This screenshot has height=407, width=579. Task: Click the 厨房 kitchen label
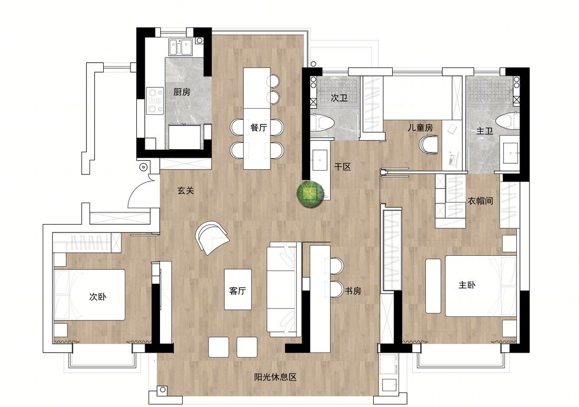click(182, 92)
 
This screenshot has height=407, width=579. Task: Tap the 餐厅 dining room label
click(258, 128)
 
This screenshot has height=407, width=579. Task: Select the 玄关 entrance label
click(186, 190)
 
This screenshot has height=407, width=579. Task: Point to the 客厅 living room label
click(237, 291)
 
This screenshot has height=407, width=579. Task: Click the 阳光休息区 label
click(275, 377)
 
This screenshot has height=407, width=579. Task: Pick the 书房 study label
click(353, 291)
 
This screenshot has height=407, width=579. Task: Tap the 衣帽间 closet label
click(481, 201)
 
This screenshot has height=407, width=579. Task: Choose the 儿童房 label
click(420, 128)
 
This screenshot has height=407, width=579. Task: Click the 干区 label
click(342, 167)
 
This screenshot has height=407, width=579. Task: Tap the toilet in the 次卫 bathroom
click(322, 122)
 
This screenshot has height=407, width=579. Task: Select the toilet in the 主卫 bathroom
click(508, 121)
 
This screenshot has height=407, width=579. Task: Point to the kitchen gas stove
click(155, 101)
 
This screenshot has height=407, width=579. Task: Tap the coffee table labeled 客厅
click(238, 290)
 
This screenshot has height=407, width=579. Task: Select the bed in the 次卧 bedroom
click(89, 295)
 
